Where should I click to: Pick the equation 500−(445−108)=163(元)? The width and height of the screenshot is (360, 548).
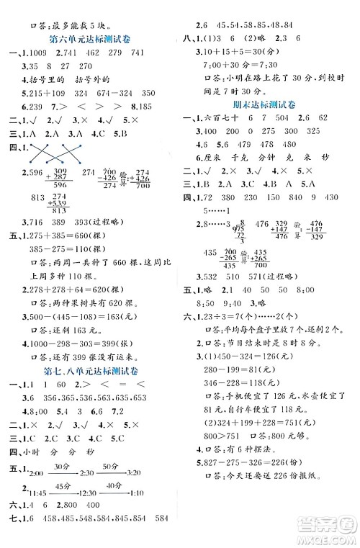pos(81,315)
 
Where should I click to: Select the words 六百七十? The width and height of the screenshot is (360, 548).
pos(219,116)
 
